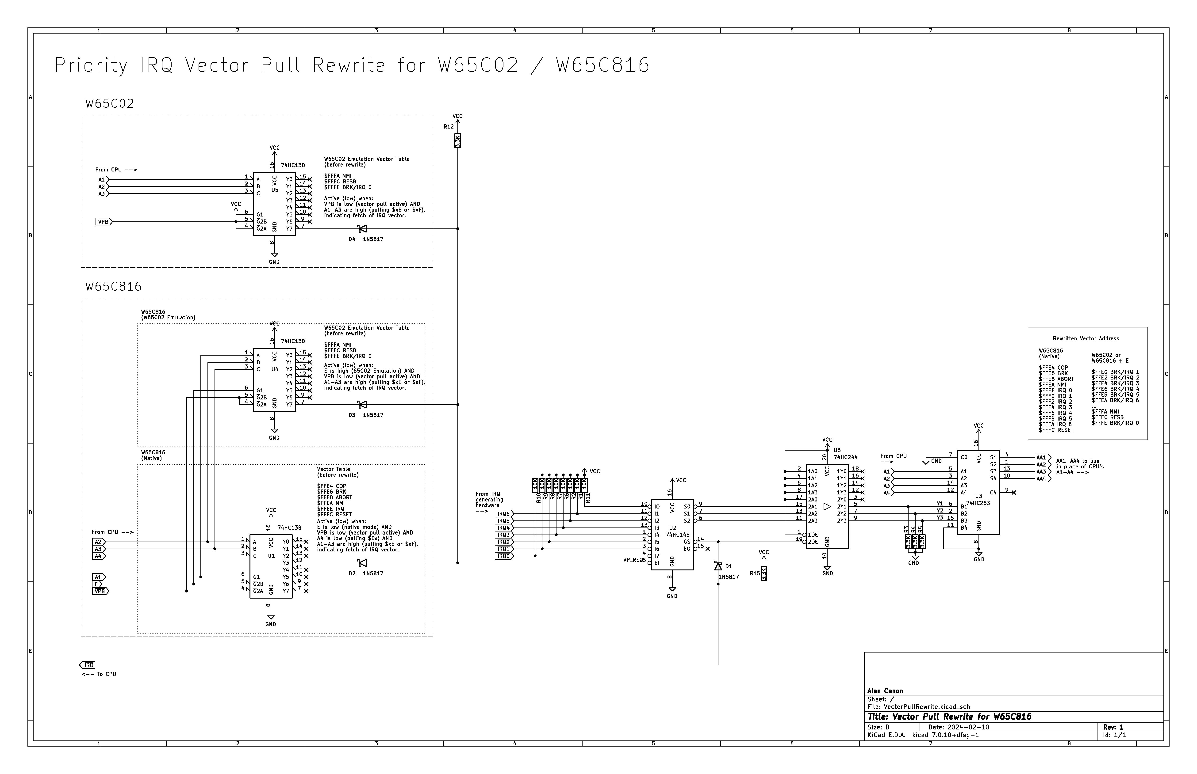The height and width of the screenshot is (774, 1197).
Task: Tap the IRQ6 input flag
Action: tap(504, 514)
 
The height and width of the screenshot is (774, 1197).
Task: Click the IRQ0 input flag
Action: tap(504, 556)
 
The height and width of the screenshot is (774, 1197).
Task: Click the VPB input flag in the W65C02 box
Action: tap(104, 222)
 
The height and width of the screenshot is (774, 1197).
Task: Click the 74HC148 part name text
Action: tap(677, 535)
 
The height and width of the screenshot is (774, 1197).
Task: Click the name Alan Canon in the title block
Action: tap(885, 691)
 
